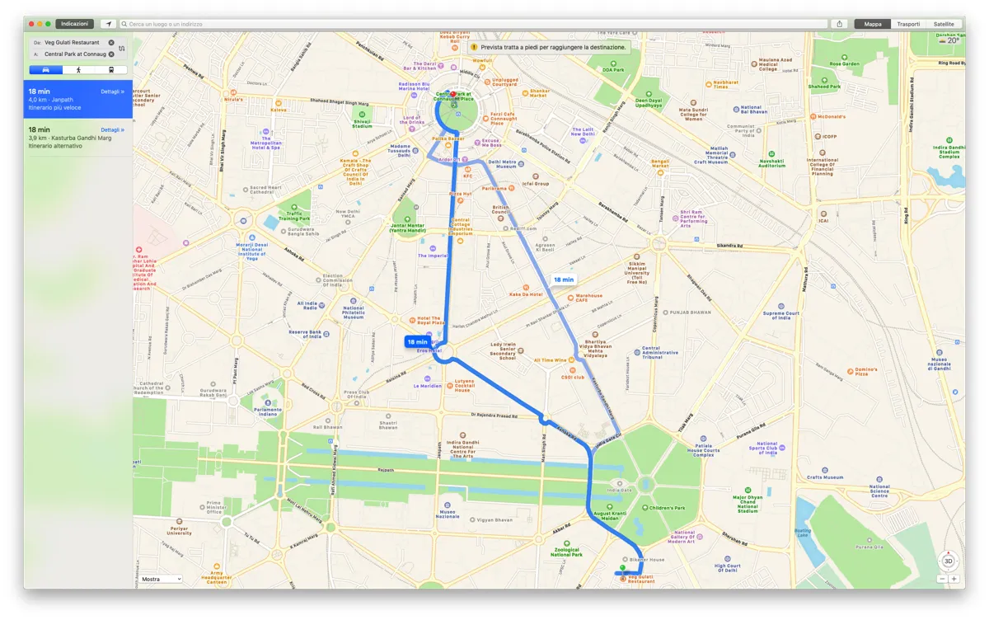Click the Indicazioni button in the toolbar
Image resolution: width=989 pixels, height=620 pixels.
click(74, 24)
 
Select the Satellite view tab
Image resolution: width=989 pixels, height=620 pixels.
click(944, 24)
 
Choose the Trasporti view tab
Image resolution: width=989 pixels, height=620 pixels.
click(908, 24)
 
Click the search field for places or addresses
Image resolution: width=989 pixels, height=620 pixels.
click(470, 24)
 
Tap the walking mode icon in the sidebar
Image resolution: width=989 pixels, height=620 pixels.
click(78, 70)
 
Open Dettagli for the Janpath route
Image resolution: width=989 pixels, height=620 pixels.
click(112, 92)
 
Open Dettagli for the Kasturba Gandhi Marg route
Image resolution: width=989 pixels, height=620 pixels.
click(112, 130)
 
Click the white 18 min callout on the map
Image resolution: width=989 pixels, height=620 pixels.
click(564, 279)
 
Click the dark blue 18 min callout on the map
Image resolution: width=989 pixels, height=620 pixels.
click(417, 341)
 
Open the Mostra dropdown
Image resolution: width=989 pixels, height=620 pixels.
click(160, 579)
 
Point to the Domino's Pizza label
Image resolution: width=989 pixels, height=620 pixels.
click(865, 371)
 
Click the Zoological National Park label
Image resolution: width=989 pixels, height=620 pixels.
click(567, 552)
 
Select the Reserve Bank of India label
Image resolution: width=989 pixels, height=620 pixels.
click(305, 334)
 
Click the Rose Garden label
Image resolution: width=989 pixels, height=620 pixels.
click(845, 63)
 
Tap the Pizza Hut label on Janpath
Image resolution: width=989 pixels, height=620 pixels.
click(460, 194)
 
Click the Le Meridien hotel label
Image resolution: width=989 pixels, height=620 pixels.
click(428, 386)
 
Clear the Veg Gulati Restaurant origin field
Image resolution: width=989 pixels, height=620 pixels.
click(111, 42)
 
